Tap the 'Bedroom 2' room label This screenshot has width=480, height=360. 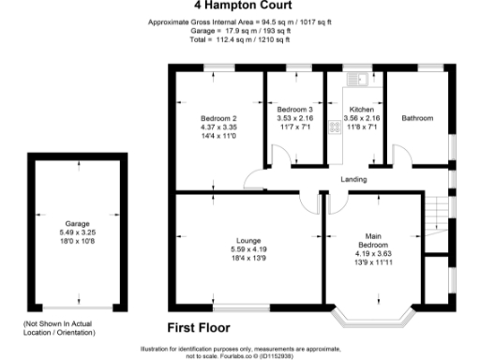[212, 118]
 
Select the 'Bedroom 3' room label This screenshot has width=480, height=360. [294, 111]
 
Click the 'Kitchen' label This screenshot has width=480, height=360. [362, 111]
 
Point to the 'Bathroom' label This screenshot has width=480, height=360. [417, 118]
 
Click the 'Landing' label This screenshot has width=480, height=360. [353, 179]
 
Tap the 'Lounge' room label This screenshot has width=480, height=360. [248, 240]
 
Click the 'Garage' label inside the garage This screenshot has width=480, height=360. [76, 225]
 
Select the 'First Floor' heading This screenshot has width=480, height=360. [200, 328]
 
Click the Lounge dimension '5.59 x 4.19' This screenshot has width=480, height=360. [248, 248]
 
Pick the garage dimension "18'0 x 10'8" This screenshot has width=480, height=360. [76, 242]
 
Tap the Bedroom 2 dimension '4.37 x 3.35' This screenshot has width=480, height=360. [212, 127]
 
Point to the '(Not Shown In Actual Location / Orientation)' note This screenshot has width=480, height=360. [59, 328]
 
